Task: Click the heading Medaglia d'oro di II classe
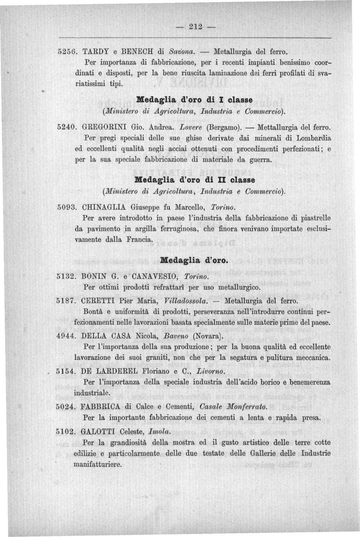tap(195, 179)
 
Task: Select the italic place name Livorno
tap(210, 371)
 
